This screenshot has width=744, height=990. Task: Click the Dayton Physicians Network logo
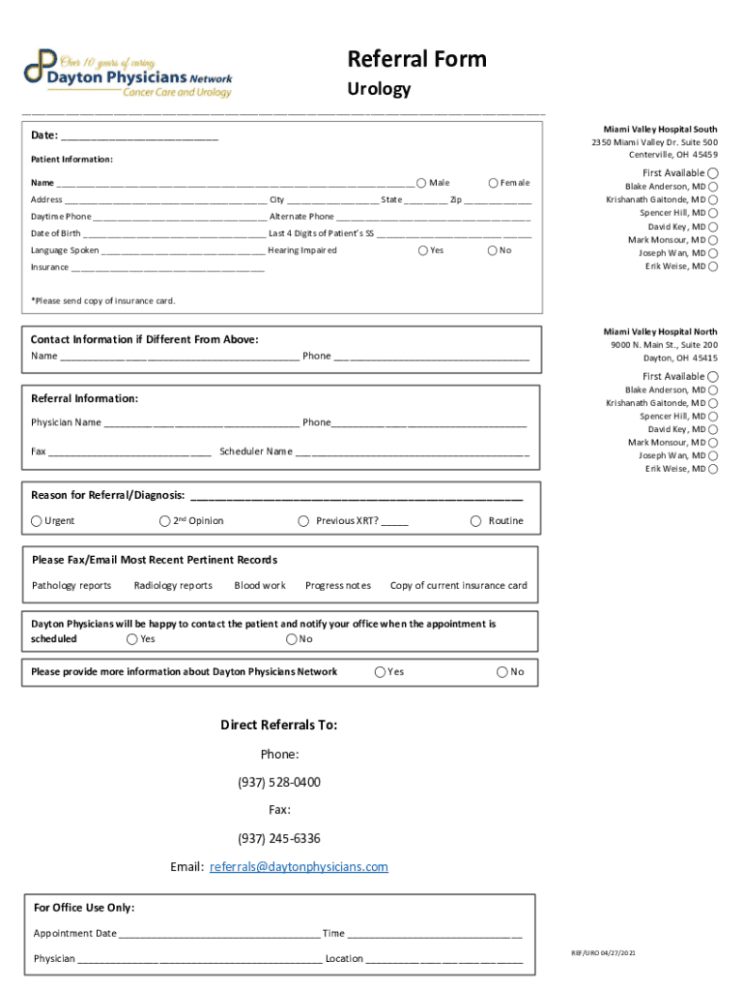(129, 73)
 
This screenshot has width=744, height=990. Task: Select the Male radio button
(421, 183)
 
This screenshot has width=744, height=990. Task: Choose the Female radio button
(493, 183)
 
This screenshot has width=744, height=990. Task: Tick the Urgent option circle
(37, 521)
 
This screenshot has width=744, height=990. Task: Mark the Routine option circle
(476, 521)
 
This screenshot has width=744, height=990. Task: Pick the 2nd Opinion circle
(164, 521)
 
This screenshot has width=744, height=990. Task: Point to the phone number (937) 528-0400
(279, 782)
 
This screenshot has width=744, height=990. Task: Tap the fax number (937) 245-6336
(279, 838)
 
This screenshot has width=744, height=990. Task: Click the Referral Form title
(416, 60)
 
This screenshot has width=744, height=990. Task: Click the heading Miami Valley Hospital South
(660, 129)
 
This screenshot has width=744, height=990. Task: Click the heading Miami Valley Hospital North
(660, 332)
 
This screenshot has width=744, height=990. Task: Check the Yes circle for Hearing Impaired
(422, 250)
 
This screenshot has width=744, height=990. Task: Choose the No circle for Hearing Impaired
(492, 250)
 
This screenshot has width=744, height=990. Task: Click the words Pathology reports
(72, 586)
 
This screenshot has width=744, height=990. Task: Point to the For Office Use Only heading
(84, 908)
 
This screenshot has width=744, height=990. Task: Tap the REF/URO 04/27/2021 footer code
(604, 954)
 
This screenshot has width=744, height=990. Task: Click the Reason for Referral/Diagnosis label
(107, 495)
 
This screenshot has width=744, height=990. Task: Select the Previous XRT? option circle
(303, 521)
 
